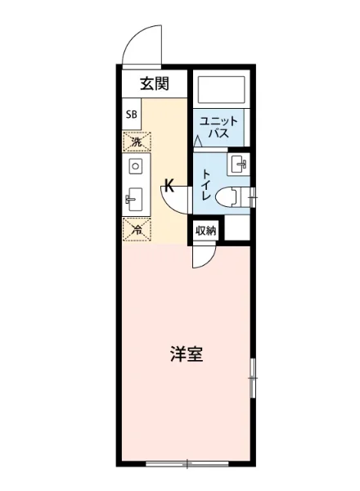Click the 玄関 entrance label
154,83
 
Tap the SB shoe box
131,114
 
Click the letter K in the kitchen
169,185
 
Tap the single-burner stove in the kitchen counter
136,166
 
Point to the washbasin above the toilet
240,163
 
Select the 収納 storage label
205,230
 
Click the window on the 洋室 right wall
253,377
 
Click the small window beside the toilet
253,194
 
